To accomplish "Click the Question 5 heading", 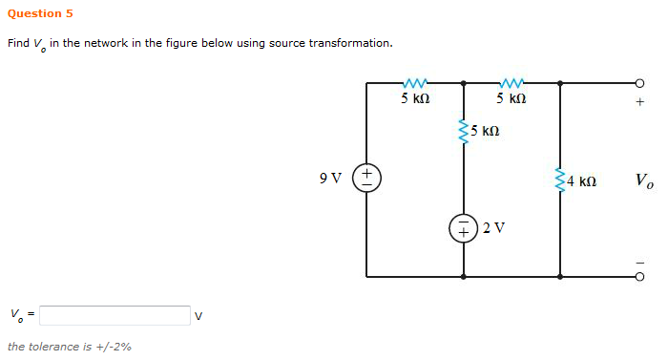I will pos(40,13).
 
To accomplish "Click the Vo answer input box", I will pos(115,315).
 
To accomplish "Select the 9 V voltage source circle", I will pos(367,178).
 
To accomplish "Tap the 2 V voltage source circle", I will pos(464,227).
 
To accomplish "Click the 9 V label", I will pos(330,178).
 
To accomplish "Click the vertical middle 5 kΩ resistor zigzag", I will pos(464,131).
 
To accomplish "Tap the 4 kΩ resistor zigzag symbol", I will pos(559,180).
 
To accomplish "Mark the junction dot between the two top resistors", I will pos(464,83).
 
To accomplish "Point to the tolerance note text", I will pos(69,347).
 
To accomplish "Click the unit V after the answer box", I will pos(198,316).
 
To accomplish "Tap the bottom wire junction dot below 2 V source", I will pos(464,277).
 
